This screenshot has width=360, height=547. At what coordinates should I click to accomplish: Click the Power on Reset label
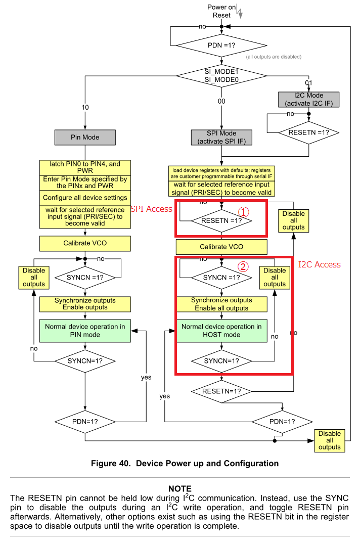pos(221,11)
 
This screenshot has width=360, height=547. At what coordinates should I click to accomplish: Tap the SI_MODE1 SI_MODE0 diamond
pos(221,76)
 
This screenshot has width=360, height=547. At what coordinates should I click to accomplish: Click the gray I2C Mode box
pos(308,100)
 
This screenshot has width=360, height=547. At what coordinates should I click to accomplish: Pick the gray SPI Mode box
pos(221,137)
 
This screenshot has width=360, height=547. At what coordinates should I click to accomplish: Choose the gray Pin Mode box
pos(85,137)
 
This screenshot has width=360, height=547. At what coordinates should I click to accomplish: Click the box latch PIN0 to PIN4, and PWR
pos(85,167)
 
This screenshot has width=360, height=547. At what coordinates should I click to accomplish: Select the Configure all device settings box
pos(85,198)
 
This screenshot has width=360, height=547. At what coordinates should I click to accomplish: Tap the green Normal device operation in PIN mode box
pos(85,331)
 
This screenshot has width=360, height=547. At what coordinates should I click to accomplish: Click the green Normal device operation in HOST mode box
pos(221,331)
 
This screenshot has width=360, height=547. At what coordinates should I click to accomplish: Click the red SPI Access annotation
pos(152,209)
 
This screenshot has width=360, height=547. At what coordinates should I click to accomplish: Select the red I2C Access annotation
pos(319,264)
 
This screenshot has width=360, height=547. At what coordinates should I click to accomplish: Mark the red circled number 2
pos(244,266)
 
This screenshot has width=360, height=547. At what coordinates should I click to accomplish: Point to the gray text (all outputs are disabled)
pos(274,57)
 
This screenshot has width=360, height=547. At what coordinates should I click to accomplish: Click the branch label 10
pos(85,107)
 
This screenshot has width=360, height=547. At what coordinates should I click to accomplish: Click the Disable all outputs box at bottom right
pos(330,440)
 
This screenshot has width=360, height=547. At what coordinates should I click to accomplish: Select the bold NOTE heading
pos(180,488)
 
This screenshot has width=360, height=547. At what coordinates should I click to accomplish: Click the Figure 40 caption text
pos(185,463)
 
